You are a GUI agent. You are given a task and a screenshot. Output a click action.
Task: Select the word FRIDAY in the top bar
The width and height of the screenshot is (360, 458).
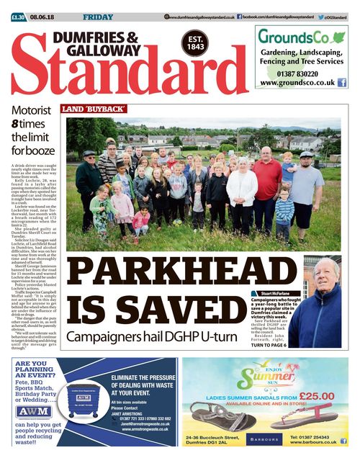pos(96,17)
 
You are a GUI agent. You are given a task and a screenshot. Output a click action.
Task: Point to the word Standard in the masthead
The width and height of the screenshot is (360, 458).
pos(119,78)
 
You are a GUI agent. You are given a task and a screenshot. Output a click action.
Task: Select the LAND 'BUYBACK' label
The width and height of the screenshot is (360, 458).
pos(94,109)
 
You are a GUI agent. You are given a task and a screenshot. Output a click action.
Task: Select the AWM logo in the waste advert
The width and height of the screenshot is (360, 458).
pos(33,411)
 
